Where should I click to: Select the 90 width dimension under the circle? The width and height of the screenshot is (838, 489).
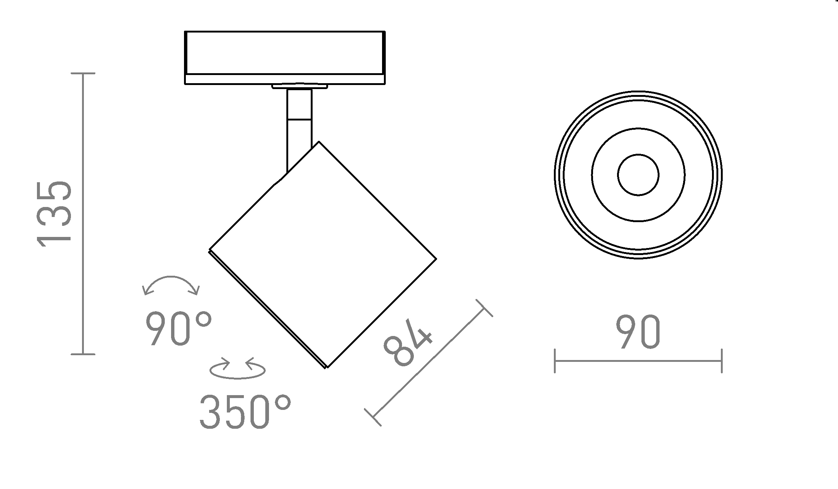tap(638, 332)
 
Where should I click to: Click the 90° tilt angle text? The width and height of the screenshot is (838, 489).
tap(178, 328)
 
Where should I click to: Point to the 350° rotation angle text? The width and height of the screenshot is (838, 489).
tap(245, 412)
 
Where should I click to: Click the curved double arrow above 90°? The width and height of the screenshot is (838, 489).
tap(171, 285)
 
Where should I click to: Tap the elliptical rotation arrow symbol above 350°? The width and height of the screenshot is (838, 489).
tap(238, 368)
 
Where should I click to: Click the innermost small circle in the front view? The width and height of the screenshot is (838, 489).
tap(638, 175)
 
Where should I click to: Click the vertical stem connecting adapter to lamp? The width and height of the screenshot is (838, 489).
tap(299, 126)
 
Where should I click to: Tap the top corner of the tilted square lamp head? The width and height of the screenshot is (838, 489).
tap(319, 142)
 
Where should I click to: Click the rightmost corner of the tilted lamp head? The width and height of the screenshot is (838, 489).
tap(436, 259)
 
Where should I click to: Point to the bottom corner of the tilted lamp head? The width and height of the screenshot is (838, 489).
tap(327, 367)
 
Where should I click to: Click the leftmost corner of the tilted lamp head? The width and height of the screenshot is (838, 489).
tap(209, 251)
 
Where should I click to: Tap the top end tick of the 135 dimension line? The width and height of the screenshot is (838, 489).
tap(83, 73)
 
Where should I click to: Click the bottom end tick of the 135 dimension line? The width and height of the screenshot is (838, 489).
tap(83, 354)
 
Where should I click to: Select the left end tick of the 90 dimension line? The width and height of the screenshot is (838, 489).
tap(555, 361)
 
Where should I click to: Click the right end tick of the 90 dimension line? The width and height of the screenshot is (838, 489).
tap(722, 361)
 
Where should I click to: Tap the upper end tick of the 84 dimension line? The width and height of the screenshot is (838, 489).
tap(484, 308)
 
